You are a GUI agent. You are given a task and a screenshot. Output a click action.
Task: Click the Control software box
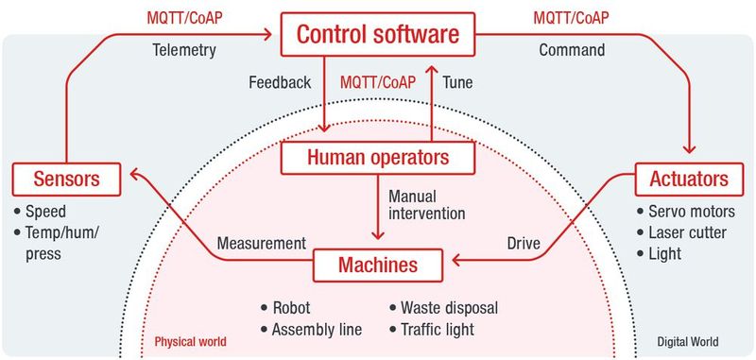[x=378, y=35]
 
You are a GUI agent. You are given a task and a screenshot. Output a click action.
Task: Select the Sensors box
[x=68, y=177]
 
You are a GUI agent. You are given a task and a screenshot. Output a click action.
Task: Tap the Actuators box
[x=688, y=177]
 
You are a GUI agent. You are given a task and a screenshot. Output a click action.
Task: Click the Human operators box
[x=377, y=157]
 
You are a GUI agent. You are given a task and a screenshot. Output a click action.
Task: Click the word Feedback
[x=279, y=82]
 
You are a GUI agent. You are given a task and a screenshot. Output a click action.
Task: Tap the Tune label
[x=457, y=82]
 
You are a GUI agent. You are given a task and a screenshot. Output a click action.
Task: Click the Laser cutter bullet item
[x=688, y=231]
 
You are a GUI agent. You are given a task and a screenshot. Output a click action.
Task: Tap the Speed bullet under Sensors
[x=45, y=211]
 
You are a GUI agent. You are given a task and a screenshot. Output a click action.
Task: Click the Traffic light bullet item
[x=436, y=329]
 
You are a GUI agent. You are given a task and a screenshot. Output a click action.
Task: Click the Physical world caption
[x=189, y=341]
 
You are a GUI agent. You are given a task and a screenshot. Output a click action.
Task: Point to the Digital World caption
[x=688, y=341]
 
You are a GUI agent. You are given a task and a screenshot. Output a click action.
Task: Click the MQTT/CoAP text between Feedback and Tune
[x=377, y=82]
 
